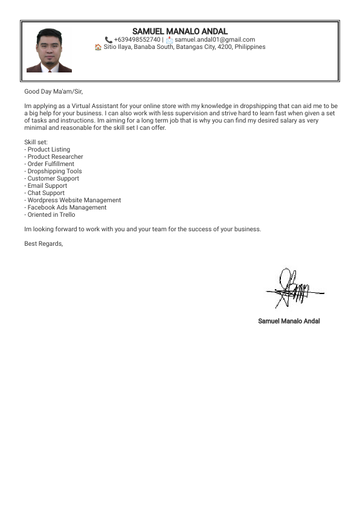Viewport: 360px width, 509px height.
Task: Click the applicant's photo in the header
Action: pos(49,51)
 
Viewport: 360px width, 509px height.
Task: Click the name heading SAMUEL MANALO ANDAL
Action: pos(180,31)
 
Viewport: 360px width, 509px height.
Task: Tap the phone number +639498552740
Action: pos(137,40)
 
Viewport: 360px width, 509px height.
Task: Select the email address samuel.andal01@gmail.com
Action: pos(214,40)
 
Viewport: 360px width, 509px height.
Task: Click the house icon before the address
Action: pos(98,47)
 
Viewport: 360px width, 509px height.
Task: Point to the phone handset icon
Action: pos(109,40)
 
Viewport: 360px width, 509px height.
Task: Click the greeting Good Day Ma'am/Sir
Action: pos(53,92)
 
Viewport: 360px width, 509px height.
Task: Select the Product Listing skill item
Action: pos(48,150)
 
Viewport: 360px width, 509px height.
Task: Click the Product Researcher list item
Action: pos(55,157)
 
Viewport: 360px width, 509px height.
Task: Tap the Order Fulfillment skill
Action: pos(51,164)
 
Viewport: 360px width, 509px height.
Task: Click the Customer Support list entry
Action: pos(53,179)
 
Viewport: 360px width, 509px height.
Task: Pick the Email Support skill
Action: pos(47,186)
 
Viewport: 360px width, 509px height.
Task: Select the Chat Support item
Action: pos(46,193)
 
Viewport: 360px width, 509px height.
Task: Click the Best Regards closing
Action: pos(43,244)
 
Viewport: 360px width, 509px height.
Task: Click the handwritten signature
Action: pos(293,289)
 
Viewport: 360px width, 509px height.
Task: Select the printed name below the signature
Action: pos(289,321)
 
